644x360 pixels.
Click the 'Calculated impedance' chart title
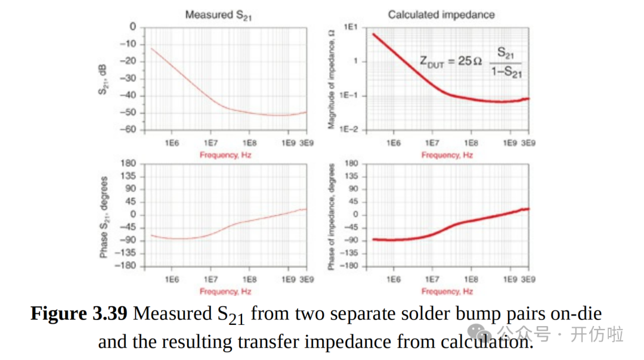click(x=441, y=15)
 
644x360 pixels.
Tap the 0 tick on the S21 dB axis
click(x=133, y=27)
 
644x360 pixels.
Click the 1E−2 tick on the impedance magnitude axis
click(x=348, y=130)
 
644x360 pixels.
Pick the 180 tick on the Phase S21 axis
click(x=129, y=163)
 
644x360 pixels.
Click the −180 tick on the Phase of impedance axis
click(x=349, y=266)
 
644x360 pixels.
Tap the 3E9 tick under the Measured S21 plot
click(x=306, y=143)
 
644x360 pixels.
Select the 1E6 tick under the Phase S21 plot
click(x=172, y=279)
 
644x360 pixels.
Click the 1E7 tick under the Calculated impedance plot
click(x=432, y=143)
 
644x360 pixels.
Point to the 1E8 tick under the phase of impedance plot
click(x=471, y=279)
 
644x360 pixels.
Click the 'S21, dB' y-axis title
click(x=103, y=78)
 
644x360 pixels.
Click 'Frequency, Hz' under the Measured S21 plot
click(x=225, y=155)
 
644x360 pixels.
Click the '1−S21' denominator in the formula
click(x=506, y=72)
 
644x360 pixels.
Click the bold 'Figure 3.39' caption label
click(x=79, y=314)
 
